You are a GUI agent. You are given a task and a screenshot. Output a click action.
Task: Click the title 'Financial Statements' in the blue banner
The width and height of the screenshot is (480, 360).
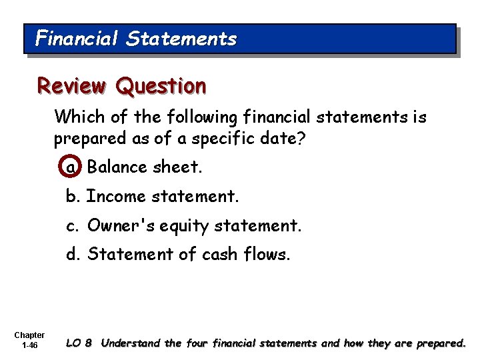pyautogui.click(x=136, y=39)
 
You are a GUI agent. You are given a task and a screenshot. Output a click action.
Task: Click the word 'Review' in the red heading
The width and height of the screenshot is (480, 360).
pyautogui.click(x=71, y=86)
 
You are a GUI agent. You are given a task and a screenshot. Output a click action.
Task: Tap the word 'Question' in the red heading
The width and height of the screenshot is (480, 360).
pyautogui.click(x=161, y=86)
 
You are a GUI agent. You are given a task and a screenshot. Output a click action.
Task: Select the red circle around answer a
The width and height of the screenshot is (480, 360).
pyautogui.click(x=71, y=167)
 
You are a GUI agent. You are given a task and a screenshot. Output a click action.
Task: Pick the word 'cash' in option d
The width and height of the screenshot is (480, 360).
pyautogui.click(x=231, y=255)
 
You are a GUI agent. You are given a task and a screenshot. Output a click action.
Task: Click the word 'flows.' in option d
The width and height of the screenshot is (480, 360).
pyautogui.click(x=272, y=255)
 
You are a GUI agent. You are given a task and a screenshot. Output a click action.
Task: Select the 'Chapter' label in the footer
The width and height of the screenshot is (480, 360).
pyautogui.click(x=29, y=335)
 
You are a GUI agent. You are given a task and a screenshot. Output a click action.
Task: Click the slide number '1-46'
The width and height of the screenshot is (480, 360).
pyautogui.click(x=29, y=346)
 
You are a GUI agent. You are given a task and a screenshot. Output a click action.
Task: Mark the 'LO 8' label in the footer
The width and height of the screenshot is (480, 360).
pyautogui.click(x=79, y=344)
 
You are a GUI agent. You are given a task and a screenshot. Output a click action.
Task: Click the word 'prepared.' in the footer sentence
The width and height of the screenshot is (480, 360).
pyautogui.click(x=440, y=344)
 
